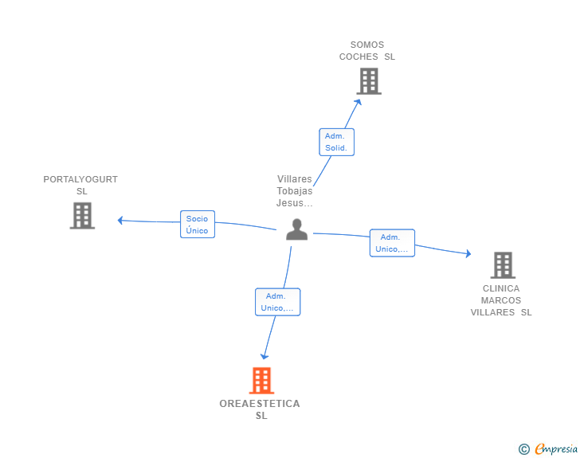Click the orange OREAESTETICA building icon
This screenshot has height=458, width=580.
click(x=261, y=380)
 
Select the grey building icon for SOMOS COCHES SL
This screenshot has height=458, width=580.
click(x=369, y=81)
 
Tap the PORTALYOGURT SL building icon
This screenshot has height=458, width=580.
click(x=82, y=216)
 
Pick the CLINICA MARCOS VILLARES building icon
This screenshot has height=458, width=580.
click(x=503, y=265)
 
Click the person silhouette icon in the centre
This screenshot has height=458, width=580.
click(x=296, y=229)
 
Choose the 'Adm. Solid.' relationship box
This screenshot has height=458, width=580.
click(x=336, y=142)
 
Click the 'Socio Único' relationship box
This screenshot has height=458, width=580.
click(x=198, y=224)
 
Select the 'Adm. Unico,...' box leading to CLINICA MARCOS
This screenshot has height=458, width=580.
click(x=392, y=243)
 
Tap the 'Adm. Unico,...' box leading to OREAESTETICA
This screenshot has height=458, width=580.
click(x=278, y=302)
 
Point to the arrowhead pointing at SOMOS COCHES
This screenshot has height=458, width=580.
click(x=358, y=102)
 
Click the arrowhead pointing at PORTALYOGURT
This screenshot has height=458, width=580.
click(x=120, y=221)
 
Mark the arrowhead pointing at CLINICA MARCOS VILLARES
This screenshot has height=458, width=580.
click(x=468, y=253)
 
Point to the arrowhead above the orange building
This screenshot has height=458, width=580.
click(x=265, y=357)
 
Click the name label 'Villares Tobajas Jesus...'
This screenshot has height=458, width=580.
click(x=295, y=191)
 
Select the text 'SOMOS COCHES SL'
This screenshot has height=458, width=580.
click(x=367, y=51)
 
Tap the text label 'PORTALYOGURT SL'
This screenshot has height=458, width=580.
click(x=80, y=186)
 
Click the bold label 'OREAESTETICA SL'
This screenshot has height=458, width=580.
click(x=260, y=409)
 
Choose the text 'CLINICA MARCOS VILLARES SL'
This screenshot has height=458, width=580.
click(x=501, y=300)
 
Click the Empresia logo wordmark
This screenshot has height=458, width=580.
click(x=556, y=448)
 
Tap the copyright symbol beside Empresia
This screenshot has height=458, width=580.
click(x=524, y=449)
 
